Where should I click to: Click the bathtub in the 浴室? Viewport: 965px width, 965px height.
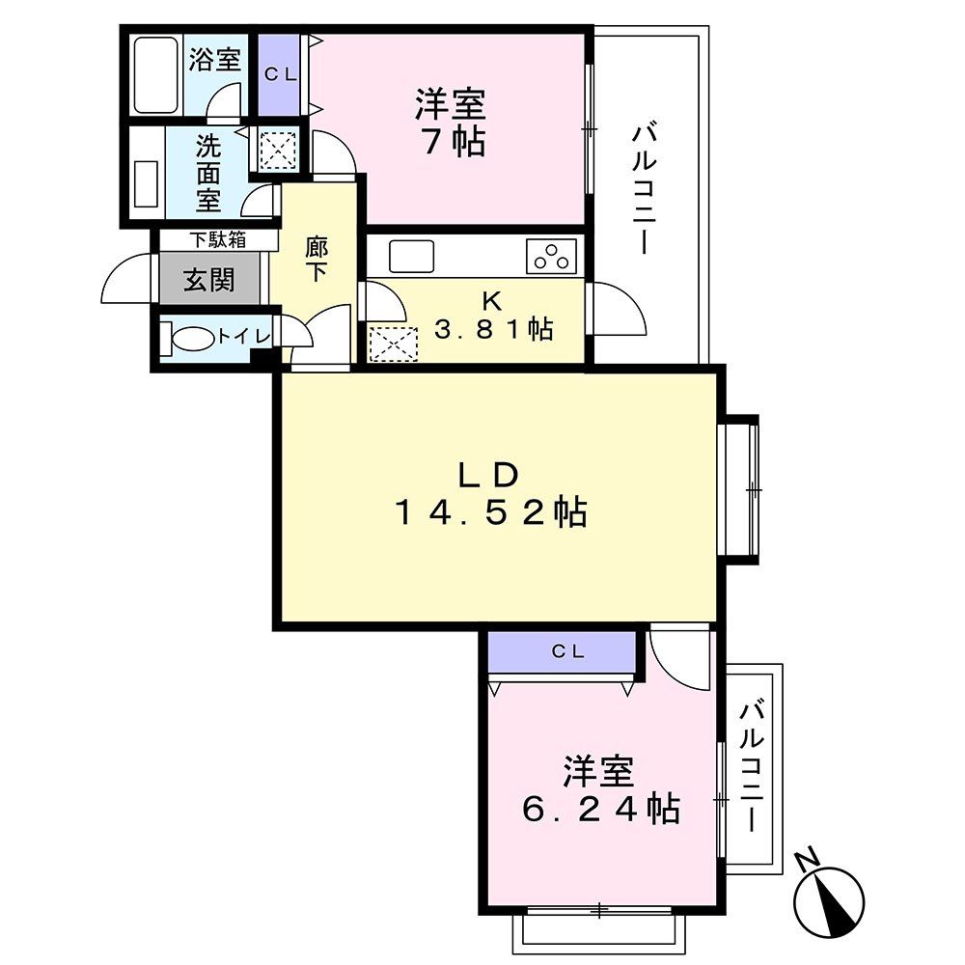(155, 75)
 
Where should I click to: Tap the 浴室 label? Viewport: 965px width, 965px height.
(214, 60)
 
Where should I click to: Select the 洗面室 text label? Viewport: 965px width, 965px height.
(209, 174)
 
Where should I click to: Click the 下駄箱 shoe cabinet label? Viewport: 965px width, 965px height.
(216, 238)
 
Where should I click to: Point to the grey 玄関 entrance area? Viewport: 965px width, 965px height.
(209, 280)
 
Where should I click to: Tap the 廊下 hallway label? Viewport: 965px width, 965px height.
(317, 259)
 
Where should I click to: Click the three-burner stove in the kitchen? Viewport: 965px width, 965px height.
(551, 256)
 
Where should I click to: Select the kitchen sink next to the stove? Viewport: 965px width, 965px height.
(412, 257)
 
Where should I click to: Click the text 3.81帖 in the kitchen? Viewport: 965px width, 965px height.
(493, 329)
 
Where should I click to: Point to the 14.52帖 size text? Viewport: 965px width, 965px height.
(490, 512)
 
